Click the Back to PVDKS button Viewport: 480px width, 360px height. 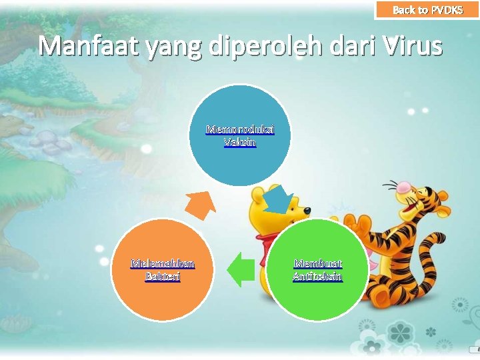427,10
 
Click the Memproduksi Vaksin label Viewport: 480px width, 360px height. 240,135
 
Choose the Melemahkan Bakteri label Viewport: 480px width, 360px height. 163,269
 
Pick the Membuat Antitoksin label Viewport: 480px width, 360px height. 317,269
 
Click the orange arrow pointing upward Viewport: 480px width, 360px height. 200,203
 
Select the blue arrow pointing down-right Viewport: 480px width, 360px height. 281,199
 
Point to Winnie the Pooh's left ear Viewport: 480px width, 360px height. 256,195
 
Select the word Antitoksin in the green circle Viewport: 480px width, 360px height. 317,276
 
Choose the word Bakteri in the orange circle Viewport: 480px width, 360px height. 163,276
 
